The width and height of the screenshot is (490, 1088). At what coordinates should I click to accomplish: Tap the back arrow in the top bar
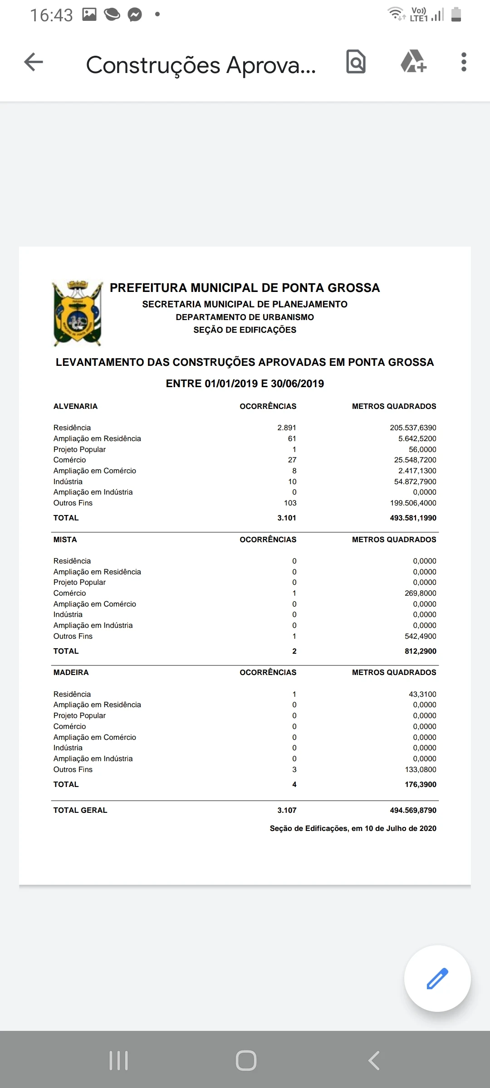click(x=34, y=62)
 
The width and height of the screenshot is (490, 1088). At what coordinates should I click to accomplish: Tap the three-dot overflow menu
click(x=463, y=62)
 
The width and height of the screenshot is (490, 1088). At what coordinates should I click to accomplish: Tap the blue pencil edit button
click(x=437, y=978)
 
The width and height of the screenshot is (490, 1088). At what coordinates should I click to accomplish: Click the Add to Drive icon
click(x=413, y=62)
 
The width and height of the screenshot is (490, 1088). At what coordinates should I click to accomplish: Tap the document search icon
click(x=356, y=62)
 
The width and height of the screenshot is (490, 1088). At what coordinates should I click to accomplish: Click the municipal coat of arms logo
click(x=78, y=313)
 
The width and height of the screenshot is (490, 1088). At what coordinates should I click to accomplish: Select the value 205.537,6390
click(x=413, y=427)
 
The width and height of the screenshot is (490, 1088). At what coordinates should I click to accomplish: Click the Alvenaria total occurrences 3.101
click(x=286, y=518)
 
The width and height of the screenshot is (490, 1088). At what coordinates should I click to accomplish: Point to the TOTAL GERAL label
click(x=80, y=810)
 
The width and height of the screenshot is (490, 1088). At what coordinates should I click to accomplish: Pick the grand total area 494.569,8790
click(x=413, y=810)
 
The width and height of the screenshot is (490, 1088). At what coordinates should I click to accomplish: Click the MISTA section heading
click(x=65, y=539)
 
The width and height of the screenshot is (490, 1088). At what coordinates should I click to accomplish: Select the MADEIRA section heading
click(x=71, y=672)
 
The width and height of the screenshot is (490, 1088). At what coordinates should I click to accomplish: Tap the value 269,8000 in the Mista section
click(x=420, y=593)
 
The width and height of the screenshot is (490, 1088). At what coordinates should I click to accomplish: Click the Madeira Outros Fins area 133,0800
click(x=420, y=769)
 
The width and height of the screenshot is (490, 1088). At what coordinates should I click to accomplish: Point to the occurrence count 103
click(x=290, y=503)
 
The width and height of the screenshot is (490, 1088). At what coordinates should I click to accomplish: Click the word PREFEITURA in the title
click(x=148, y=288)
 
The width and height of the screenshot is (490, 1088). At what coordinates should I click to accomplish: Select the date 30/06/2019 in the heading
click(x=297, y=384)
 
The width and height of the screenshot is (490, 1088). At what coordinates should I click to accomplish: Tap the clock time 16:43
click(x=51, y=15)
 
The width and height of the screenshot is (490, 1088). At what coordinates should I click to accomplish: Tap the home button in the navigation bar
click(x=246, y=1060)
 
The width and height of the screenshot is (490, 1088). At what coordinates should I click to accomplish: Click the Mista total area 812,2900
click(x=420, y=651)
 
